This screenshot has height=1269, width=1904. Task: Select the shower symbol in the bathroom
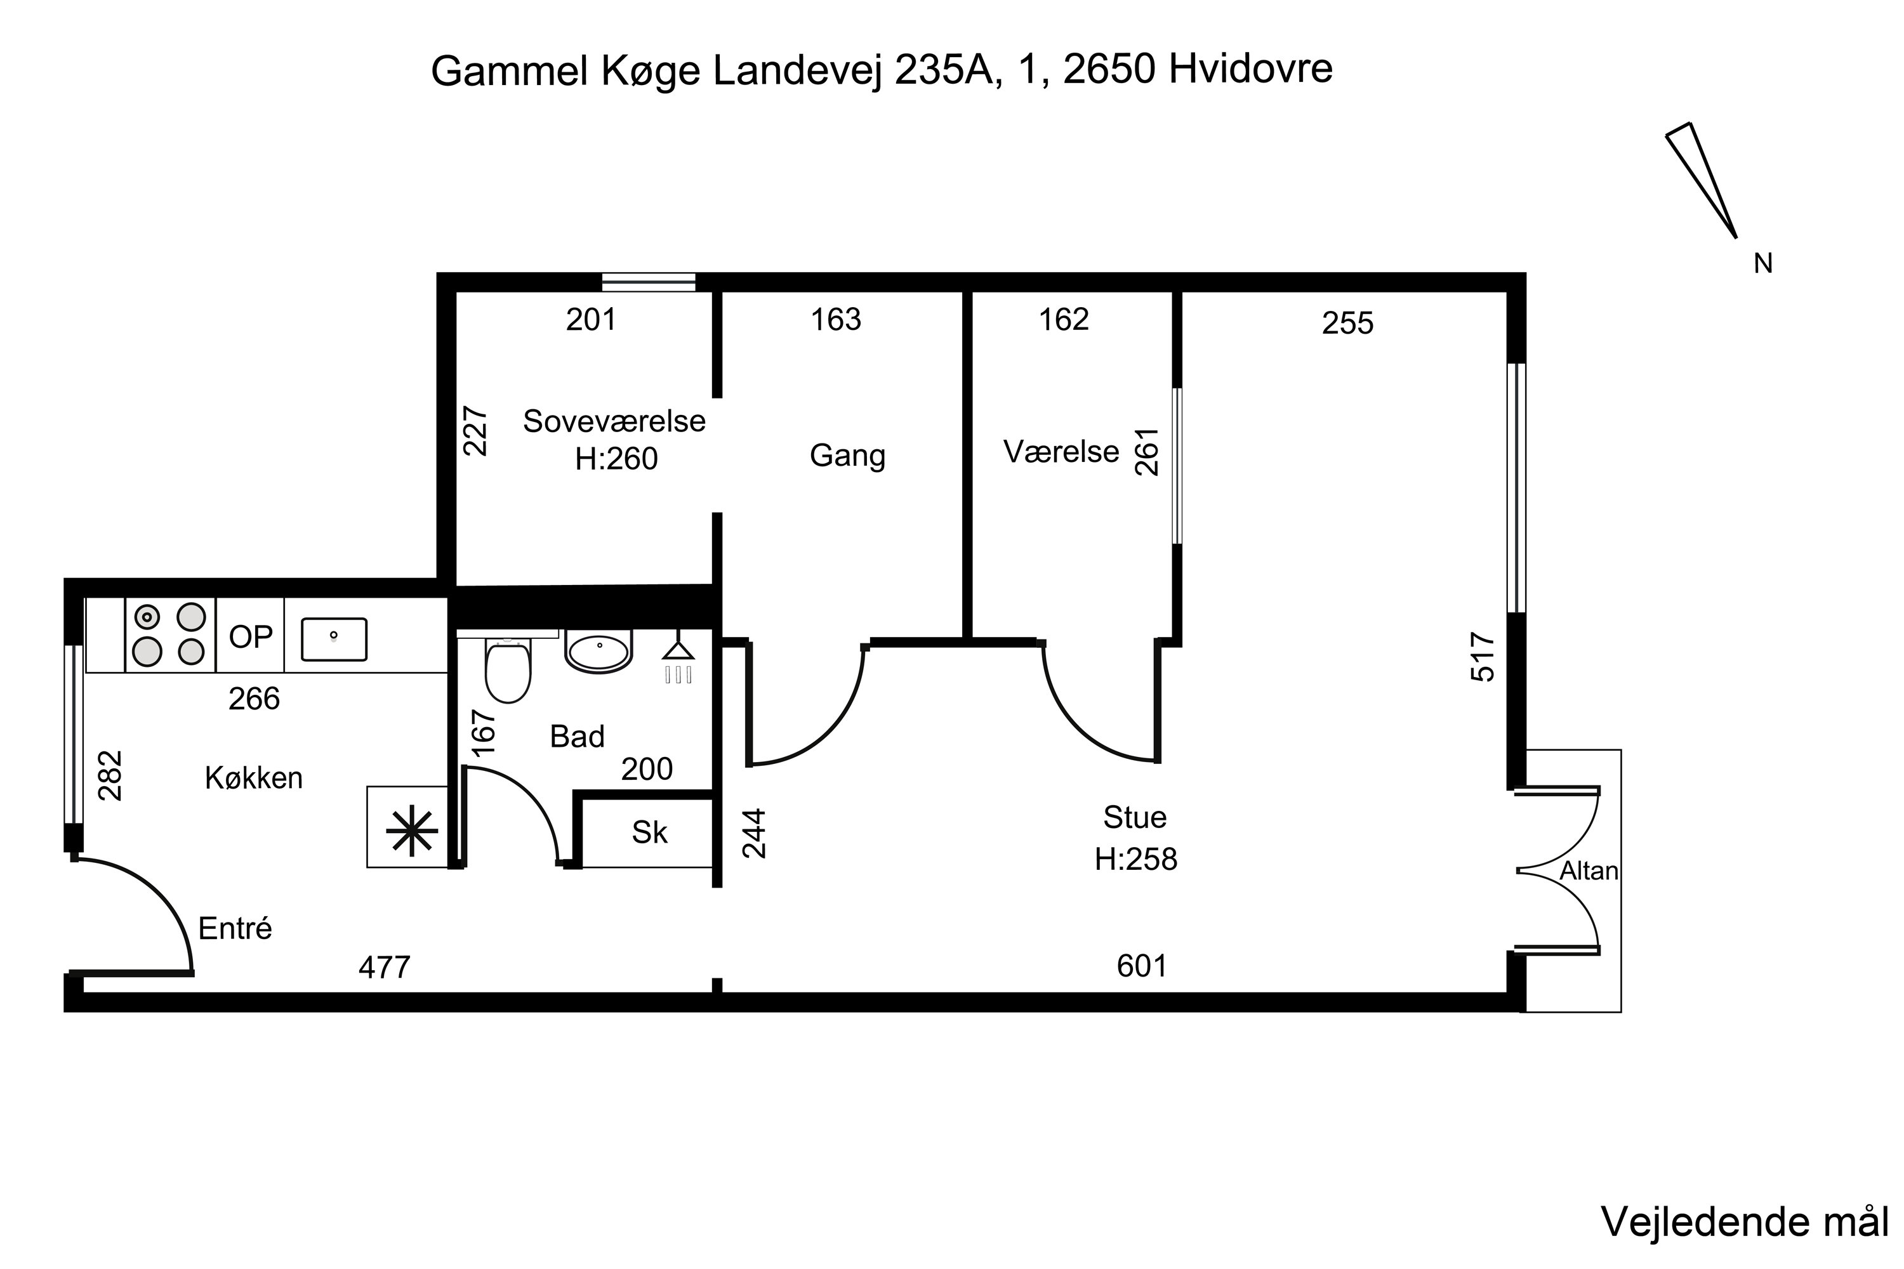pyautogui.click(x=678, y=661)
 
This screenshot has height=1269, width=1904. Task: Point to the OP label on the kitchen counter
pyautogui.click(x=250, y=637)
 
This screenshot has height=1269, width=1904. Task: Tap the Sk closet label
pyautogui.click(x=649, y=832)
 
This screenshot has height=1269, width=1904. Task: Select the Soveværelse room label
pyautogui.click(x=614, y=421)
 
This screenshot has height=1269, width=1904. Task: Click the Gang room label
pyautogui.click(x=847, y=455)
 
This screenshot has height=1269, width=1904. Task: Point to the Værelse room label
pyautogui.click(x=1061, y=452)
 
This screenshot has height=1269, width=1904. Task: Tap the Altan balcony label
pyautogui.click(x=1589, y=871)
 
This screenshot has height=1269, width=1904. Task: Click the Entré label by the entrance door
pyautogui.click(x=235, y=928)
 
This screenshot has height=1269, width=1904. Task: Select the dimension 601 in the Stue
pyautogui.click(x=1141, y=966)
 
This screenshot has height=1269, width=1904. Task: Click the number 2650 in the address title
pyautogui.click(x=1108, y=70)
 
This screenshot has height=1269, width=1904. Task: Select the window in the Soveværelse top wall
pyautogui.click(x=649, y=282)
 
